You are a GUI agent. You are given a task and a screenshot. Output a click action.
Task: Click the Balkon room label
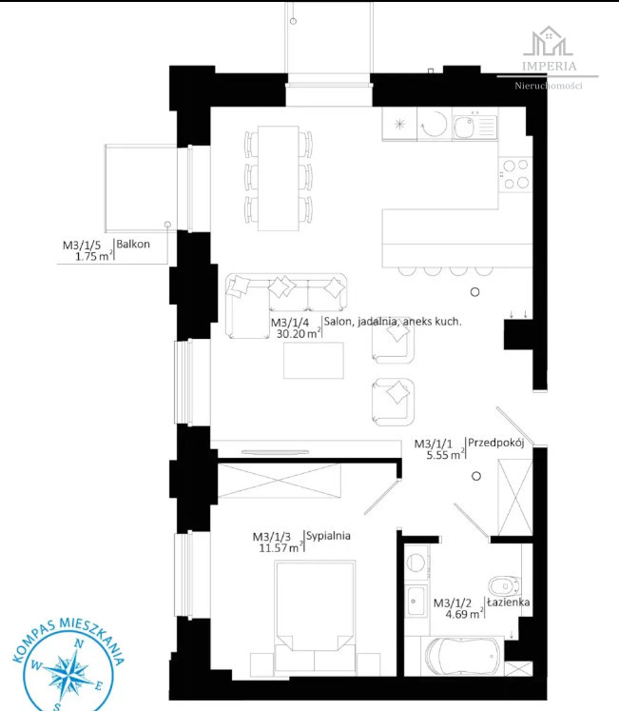(x=133, y=244)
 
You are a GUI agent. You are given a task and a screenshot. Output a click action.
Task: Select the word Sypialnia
(x=328, y=536)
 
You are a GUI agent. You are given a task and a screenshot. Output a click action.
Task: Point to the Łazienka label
(x=509, y=602)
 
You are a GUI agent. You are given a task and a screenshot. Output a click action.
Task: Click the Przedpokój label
(x=495, y=443)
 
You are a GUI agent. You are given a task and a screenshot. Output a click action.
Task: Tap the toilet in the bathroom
(x=504, y=585)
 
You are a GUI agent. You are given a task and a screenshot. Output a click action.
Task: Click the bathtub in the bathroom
(x=462, y=656)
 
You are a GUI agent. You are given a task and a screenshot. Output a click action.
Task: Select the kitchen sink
(x=474, y=125)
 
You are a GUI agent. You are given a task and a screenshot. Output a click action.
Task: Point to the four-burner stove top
(x=515, y=174)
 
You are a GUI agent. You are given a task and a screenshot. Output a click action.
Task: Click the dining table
(x=279, y=178)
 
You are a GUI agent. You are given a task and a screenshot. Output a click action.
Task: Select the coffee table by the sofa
(x=314, y=360)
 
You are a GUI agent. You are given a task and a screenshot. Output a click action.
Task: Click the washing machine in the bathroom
(x=416, y=563)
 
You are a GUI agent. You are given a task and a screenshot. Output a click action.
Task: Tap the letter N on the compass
(x=78, y=643)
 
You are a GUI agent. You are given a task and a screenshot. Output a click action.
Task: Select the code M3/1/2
(x=453, y=603)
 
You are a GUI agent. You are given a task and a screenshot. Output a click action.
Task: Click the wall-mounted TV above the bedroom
(x=275, y=452)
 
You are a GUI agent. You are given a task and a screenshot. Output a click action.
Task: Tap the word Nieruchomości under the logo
(x=549, y=86)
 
